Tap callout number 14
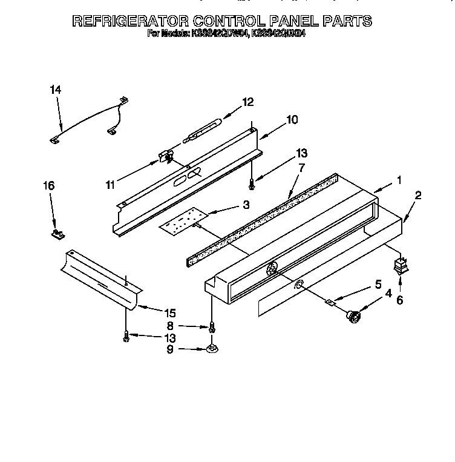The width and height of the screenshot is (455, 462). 55,90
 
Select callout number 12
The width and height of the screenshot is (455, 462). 247,102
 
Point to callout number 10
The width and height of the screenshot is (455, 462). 292,120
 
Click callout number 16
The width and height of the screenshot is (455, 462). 49,186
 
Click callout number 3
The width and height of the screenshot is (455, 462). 246,205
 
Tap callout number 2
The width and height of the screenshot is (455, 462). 418,196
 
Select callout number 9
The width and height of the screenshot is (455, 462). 169,349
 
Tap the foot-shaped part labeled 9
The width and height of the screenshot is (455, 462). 212,348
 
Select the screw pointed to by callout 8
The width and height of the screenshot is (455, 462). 212,328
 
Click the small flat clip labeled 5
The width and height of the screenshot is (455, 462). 331,301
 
